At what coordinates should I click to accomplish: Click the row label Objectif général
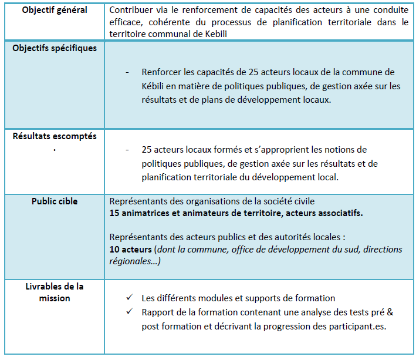tap(54, 10)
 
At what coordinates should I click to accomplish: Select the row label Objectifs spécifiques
tap(54, 48)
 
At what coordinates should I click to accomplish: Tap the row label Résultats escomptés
tap(54, 136)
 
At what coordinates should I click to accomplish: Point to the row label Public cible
tap(54, 201)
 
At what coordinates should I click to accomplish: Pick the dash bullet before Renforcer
tap(127, 72)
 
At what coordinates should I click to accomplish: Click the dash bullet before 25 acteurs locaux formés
tap(127, 150)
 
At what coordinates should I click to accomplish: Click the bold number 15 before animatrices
tap(115, 213)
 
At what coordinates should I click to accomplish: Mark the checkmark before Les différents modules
tap(130, 298)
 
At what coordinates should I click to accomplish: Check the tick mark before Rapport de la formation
tap(130, 312)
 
